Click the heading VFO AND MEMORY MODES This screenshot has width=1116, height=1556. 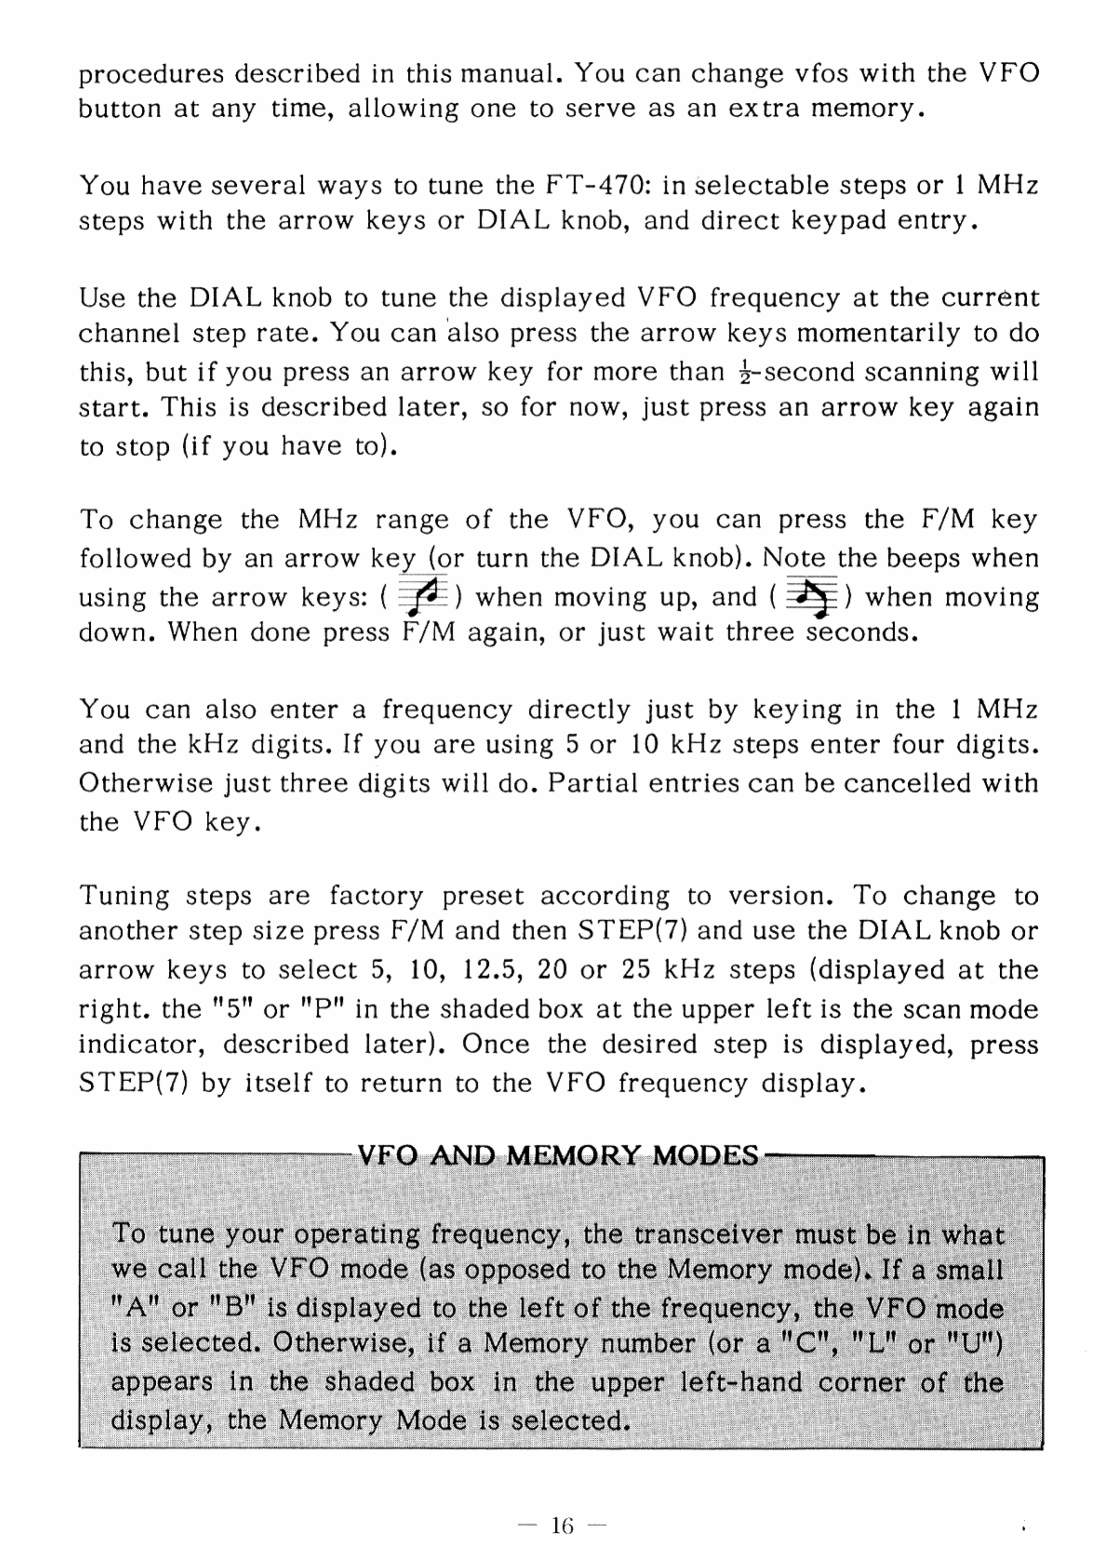558,1156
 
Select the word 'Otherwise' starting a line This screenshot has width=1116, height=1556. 146,784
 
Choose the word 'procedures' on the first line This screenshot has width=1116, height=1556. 151,74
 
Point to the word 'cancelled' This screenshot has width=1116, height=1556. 906,784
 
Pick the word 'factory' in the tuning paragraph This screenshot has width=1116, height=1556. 376,896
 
